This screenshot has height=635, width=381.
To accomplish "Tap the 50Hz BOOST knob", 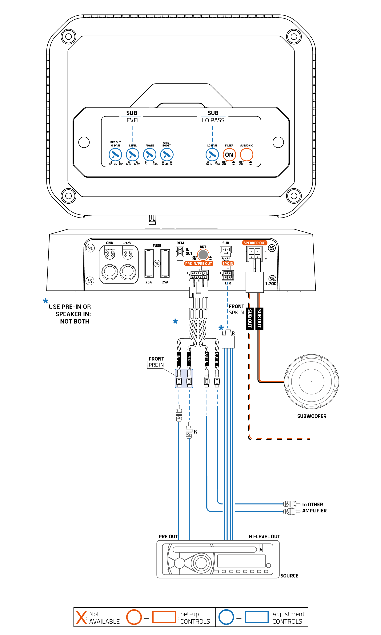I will click(x=167, y=155).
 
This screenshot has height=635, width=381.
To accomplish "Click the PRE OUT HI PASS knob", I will click(x=115, y=155).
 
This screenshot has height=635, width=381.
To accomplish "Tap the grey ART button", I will click(x=203, y=255).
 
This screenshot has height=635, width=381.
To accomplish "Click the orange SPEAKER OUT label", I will click(x=255, y=243).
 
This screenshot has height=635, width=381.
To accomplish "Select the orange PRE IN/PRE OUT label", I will click(x=199, y=264).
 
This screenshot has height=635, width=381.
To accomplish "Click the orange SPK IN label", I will click(x=228, y=264).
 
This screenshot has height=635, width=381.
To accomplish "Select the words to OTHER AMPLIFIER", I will click(x=314, y=508).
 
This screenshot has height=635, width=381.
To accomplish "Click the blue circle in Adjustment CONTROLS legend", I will click(x=226, y=617).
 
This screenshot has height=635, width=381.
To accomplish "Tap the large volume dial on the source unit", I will click(x=201, y=563).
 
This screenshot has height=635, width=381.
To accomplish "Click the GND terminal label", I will click(x=109, y=243).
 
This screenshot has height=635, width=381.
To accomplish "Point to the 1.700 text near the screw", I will click(x=271, y=284).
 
